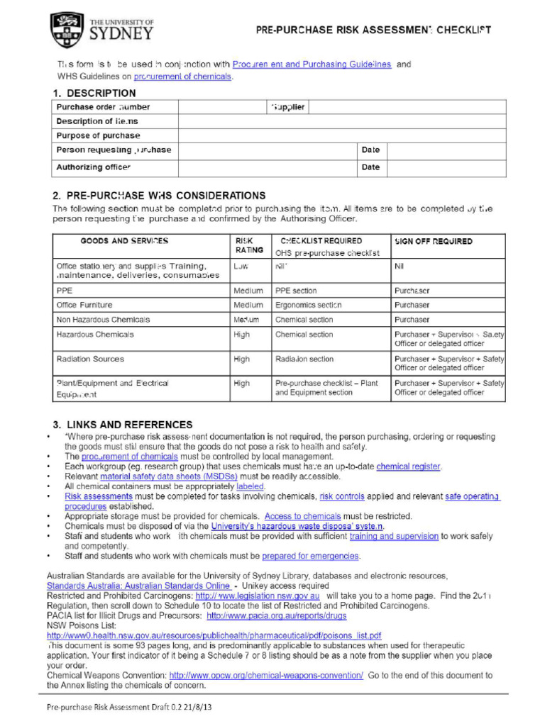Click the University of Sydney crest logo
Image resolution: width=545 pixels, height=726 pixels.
(x=67, y=30)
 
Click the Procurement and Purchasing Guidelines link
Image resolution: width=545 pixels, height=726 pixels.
(x=312, y=65)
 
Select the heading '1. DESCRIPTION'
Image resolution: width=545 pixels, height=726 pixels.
(x=94, y=93)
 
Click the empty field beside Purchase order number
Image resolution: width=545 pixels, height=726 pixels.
(x=220, y=107)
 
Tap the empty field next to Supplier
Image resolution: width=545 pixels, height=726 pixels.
(x=407, y=107)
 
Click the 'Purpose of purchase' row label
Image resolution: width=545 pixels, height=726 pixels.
(x=99, y=135)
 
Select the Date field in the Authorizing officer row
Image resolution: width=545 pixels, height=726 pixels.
(x=446, y=168)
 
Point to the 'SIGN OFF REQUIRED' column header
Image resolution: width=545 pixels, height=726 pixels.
(x=434, y=241)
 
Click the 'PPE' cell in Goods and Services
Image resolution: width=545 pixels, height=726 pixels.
(x=65, y=291)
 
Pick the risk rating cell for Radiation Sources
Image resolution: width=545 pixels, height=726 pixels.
(x=242, y=359)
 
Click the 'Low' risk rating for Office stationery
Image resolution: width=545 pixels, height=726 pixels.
(x=241, y=267)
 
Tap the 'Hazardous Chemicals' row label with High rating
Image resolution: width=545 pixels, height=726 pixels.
(x=95, y=335)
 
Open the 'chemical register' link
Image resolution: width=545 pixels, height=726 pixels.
(x=408, y=467)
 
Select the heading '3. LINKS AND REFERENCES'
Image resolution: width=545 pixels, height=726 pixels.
(x=122, y=425)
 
